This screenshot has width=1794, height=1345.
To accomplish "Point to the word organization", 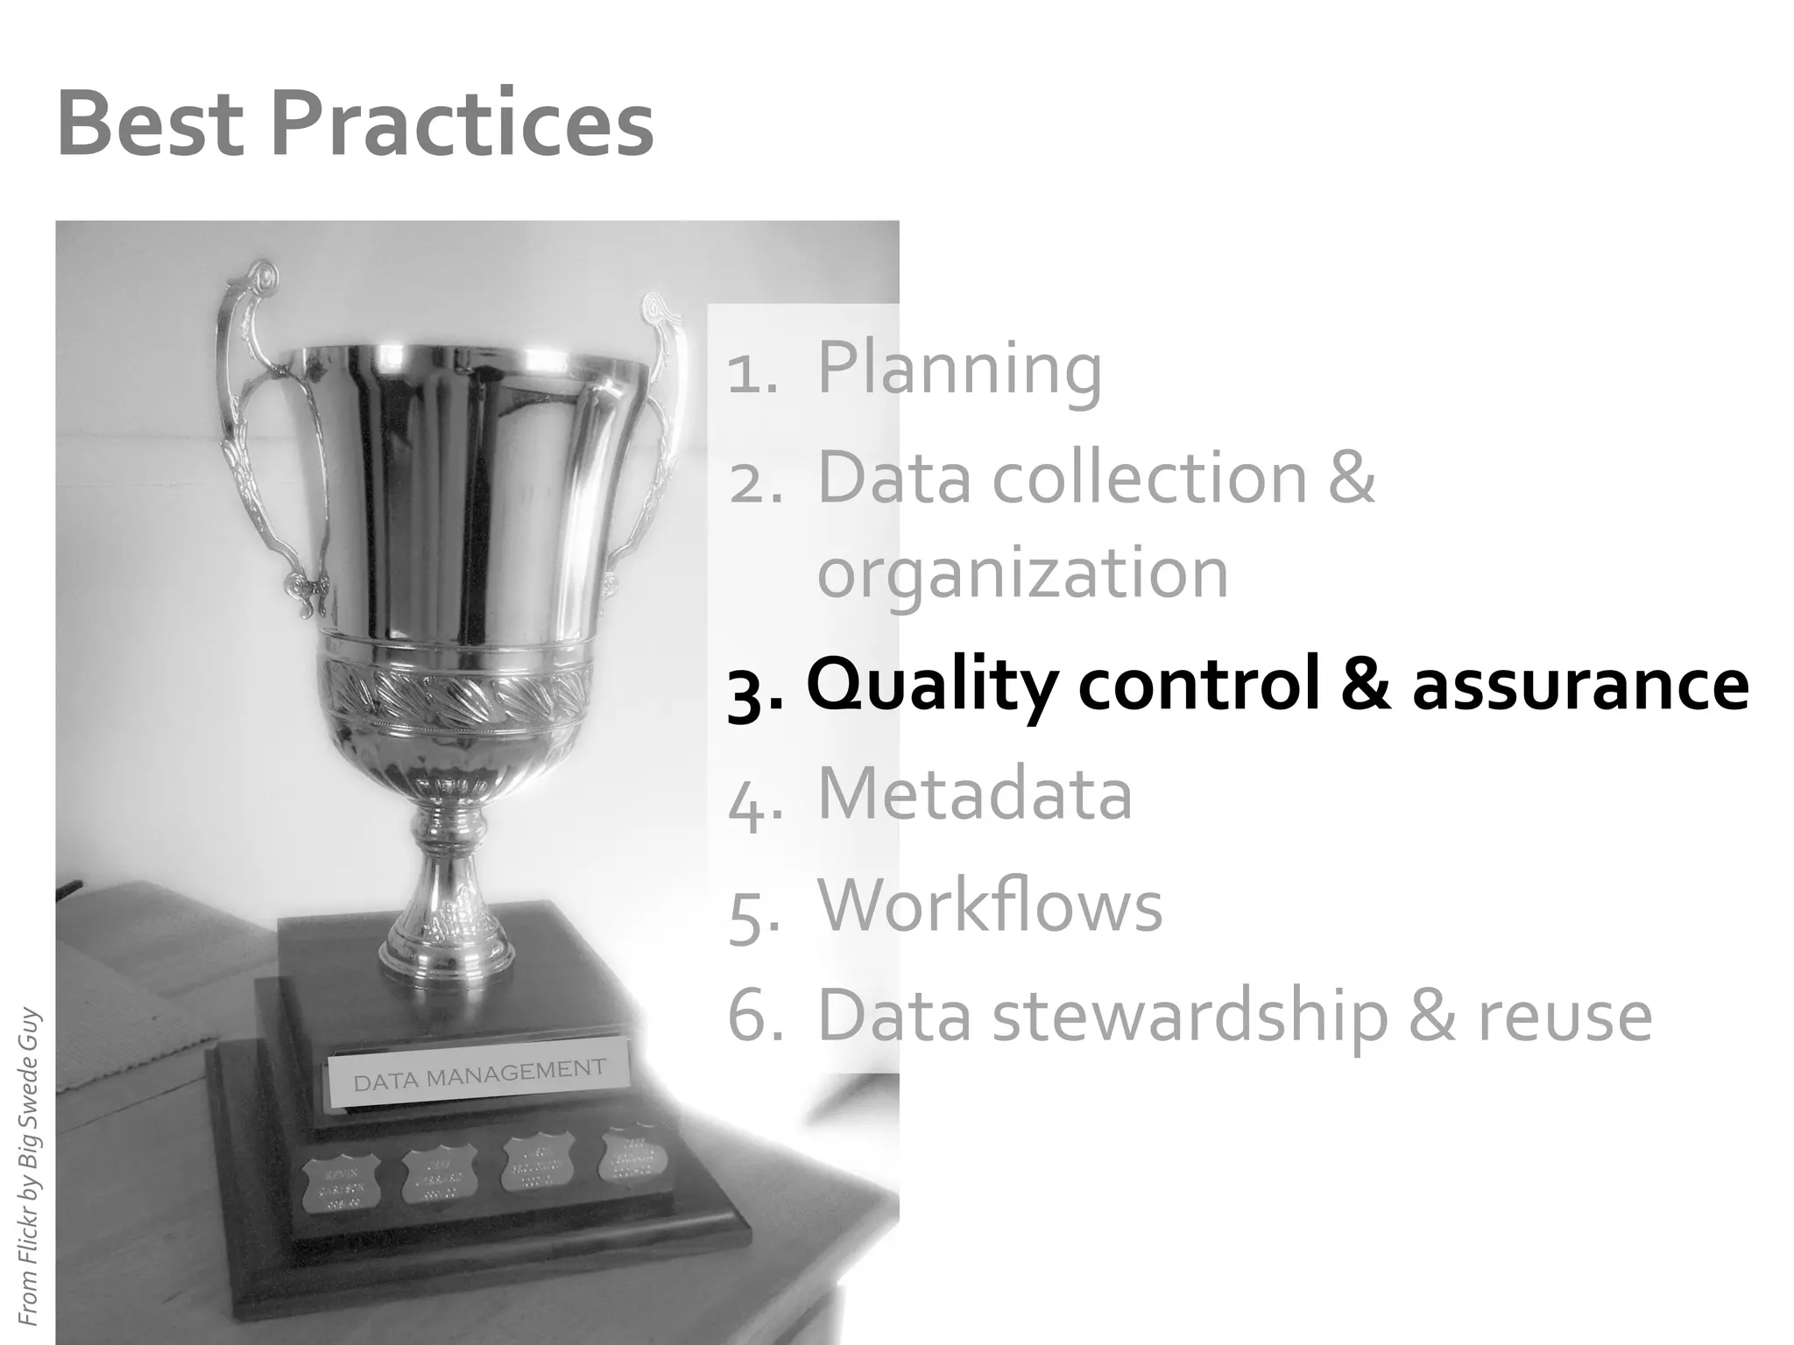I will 1022,574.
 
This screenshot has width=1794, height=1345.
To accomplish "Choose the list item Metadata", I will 974,794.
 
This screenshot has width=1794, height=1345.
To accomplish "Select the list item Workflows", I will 990,905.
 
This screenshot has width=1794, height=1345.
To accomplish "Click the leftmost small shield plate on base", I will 341,1184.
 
